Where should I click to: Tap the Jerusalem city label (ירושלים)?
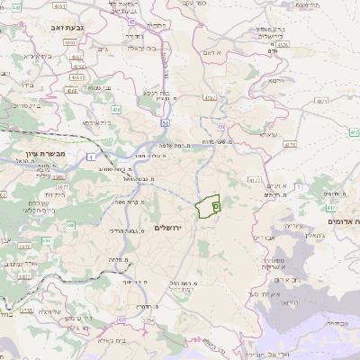(168, 228)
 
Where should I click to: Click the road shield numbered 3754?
(148, 320)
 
